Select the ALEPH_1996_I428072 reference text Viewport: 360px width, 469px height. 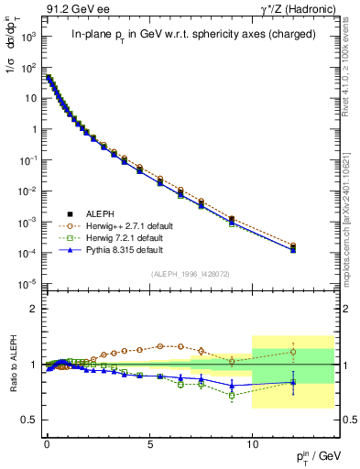coord(188,274)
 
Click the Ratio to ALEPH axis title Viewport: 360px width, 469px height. coord(14,365)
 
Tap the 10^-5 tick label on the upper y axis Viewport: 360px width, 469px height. coord(27,283)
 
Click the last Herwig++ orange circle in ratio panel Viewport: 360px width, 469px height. coord(293,352)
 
